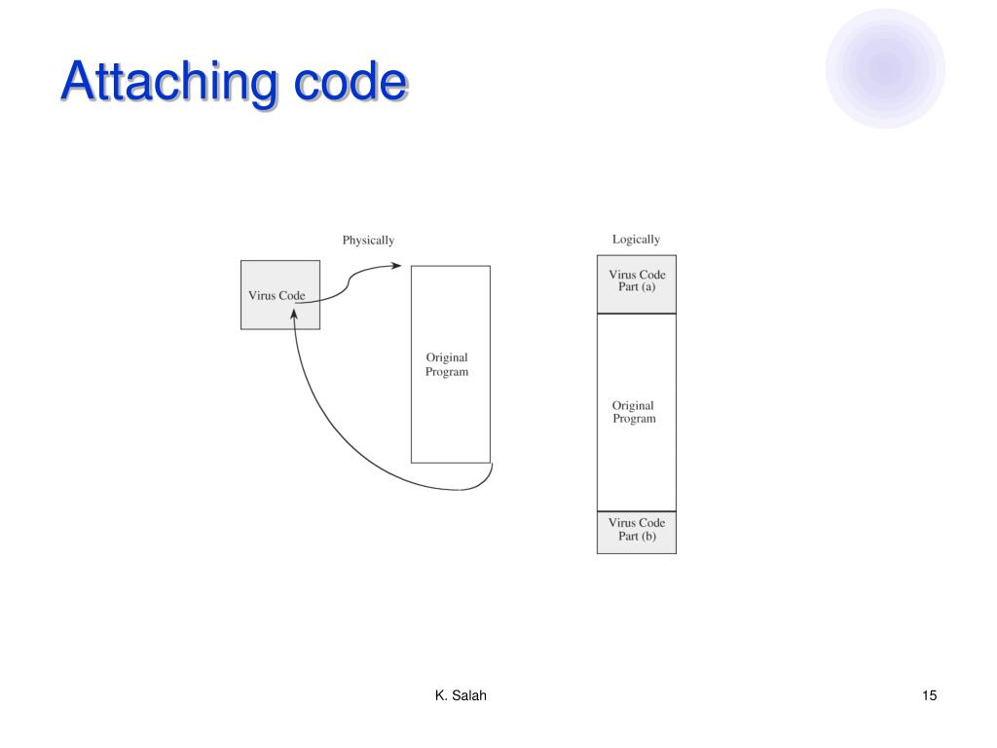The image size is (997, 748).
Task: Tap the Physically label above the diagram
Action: pos(368,241)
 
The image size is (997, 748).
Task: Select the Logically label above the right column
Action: pos(636,239)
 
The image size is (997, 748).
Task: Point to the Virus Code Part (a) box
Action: pos(636,283)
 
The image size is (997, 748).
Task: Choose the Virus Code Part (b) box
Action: pos(636,532)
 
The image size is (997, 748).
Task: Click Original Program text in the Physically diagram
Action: pos(447,365)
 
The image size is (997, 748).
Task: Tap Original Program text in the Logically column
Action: pos(634,412)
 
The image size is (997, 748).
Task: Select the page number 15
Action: pos(929,694)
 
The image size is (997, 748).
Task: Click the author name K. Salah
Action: pos(460,694)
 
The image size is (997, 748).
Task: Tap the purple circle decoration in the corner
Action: pos(885,68)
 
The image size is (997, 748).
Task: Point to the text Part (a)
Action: pos(636,289)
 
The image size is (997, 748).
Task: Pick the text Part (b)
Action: pos(637,538)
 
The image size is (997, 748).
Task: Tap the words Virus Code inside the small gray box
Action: pos(277,295)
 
